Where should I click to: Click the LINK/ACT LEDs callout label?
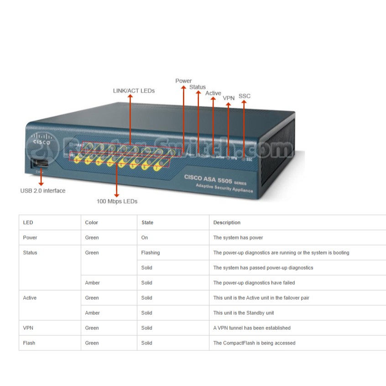click(x=134, y=91)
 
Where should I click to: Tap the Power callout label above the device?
click(x=183, y=81)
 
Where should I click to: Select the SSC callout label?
click(x=245, y=96)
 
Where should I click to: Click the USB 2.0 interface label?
click(x=43, y=191)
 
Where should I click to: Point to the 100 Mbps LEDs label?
click(x=117, y=201)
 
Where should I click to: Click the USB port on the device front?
click(x=39, y=164)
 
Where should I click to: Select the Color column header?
click(x=92, y=223)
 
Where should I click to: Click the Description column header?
click(x=227, y=223)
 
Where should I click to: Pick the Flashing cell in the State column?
click(x=151, y=253)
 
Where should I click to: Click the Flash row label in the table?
click(x=29, y=343)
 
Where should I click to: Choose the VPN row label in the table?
click(x=28, y=328)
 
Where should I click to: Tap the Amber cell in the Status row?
click(x=92, y=283)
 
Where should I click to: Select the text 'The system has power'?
click(x=238, y=238)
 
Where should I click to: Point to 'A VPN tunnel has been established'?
click(x=252, y=328)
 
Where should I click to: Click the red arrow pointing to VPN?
click(x=229, y=128)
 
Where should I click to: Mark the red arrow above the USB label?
click(x=41, y=178)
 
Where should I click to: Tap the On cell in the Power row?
click(x=145, y=238)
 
